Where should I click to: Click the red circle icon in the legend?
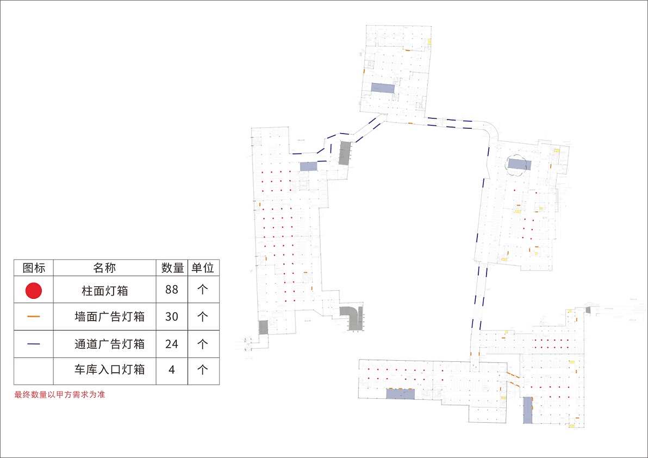[x=34, y=291]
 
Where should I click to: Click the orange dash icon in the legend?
[x=34, y=316]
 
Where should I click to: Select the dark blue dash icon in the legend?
[x=34, y=344]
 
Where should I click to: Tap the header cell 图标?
[x=34, y=268]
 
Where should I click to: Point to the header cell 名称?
[x=104, y=268]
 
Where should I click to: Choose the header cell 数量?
[x=172, y=268]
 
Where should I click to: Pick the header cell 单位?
[x=203, y=268]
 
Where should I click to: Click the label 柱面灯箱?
[x=105, y=291]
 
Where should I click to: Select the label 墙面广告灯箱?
[x=109, y=316]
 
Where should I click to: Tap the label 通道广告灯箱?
[x=109, y=344]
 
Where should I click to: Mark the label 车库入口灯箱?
[x=109, y=370]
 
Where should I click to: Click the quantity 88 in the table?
[x=172, y=290]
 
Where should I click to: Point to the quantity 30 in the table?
[x=172, y=316]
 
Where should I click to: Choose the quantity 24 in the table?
[x=172, y=344]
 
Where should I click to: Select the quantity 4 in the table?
[x=172, y=370]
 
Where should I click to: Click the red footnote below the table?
[x=59, y=394]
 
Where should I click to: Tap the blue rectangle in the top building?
[x=383, y=88]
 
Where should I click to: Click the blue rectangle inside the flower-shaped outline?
[x=520, y=164]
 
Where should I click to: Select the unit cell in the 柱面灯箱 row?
[x=203, y=290]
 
